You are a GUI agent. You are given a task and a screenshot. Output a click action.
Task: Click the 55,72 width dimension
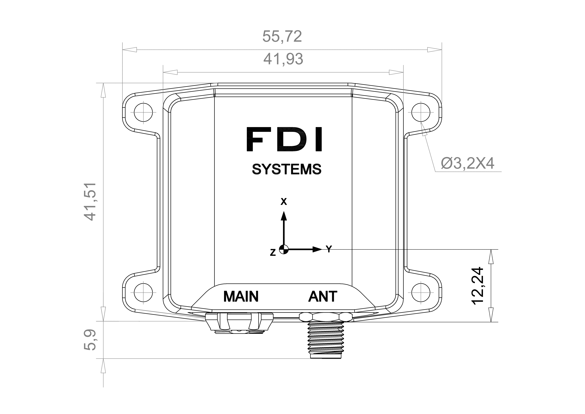tap(282, 36)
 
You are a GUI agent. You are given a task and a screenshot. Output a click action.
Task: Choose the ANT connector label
tap(323, 296)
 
